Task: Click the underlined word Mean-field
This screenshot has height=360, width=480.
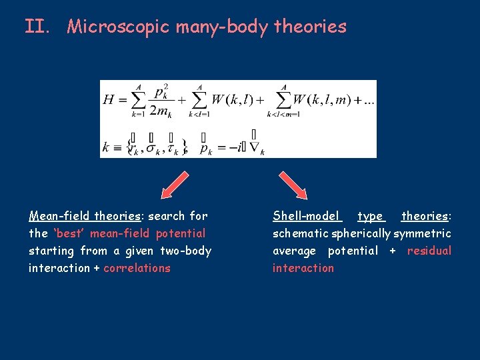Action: (x=60, y=216)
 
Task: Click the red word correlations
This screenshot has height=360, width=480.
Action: (x=137, y=268)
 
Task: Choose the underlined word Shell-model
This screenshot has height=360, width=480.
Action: (x=306, y=216)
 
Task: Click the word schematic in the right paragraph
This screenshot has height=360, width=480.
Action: (x=299, y=233)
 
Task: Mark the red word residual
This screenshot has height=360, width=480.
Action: (x=429, y=251)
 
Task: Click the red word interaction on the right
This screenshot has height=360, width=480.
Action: (x=303, y=268)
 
